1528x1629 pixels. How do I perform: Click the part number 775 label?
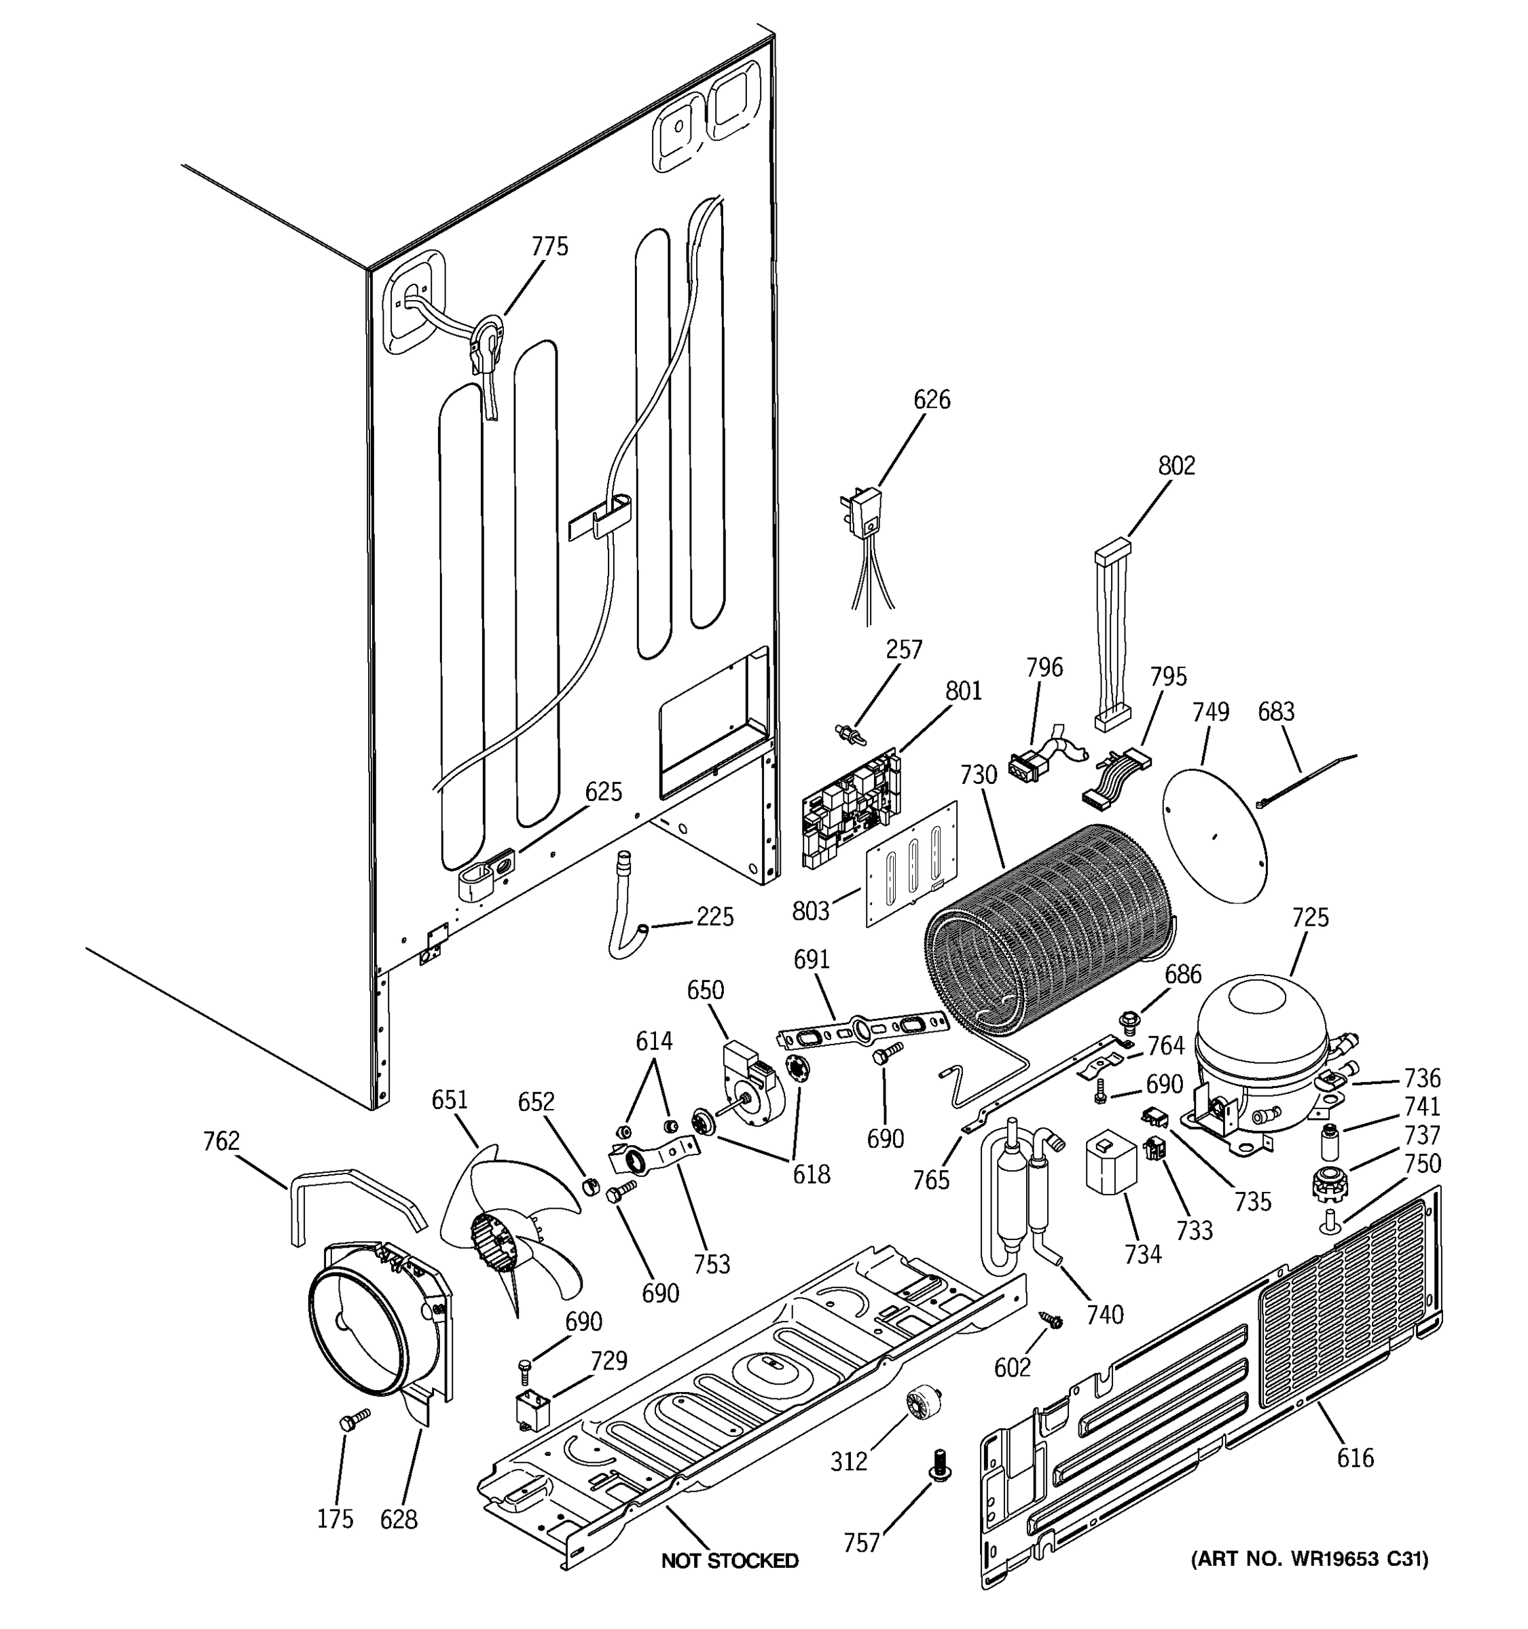(x=549, y=246)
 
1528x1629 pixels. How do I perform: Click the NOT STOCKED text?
(x=729, y=1560)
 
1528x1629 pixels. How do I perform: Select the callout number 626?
(x=931, y=400)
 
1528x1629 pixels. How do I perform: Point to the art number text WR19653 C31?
(x=1309, y=1559)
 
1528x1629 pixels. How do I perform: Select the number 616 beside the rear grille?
(x=1355, y=1458)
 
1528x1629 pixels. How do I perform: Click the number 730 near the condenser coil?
(x=978, y=774)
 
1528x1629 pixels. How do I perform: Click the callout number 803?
(x=811, y=910)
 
